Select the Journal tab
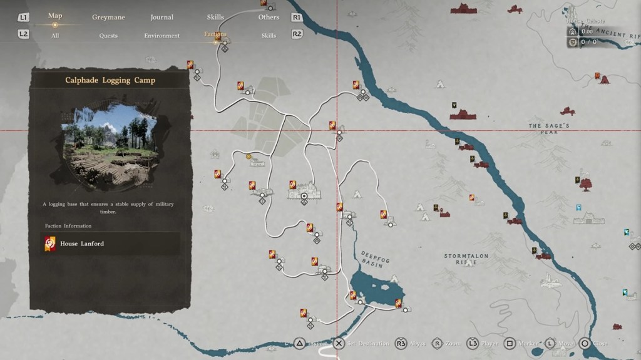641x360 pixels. (162, 18)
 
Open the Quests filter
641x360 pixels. (108, 36)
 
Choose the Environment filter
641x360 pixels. (162, 36)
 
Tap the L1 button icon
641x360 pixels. (23, 18)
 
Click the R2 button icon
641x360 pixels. (297, 34)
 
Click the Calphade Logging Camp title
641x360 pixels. (110, 80)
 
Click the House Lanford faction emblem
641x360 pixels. (50, 244)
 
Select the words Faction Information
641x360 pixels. (68, 226)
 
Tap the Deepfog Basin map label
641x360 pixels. (372, 260)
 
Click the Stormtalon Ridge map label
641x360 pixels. (466, 259)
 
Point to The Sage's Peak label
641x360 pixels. (548, 129)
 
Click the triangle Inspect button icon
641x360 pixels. (300, 344)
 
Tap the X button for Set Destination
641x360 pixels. (339, 344)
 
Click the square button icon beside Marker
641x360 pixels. (510, 344)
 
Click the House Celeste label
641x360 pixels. (587, 21)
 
